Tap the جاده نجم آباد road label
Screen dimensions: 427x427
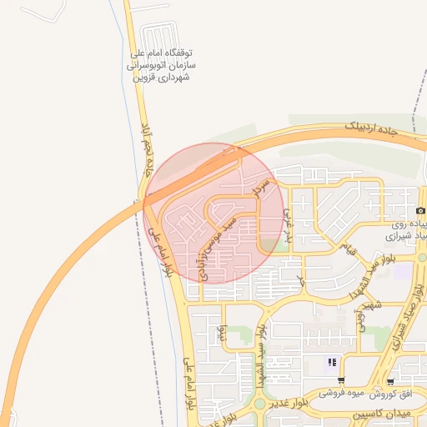tap(148, 148)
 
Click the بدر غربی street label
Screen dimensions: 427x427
tap(289, 219)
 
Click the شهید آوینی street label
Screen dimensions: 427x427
tap(364, 314)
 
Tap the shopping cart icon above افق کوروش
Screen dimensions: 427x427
tap(390, 381)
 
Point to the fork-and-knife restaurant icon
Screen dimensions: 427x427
tap(332, 363)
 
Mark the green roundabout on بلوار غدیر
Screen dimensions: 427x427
tap(259, 404)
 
